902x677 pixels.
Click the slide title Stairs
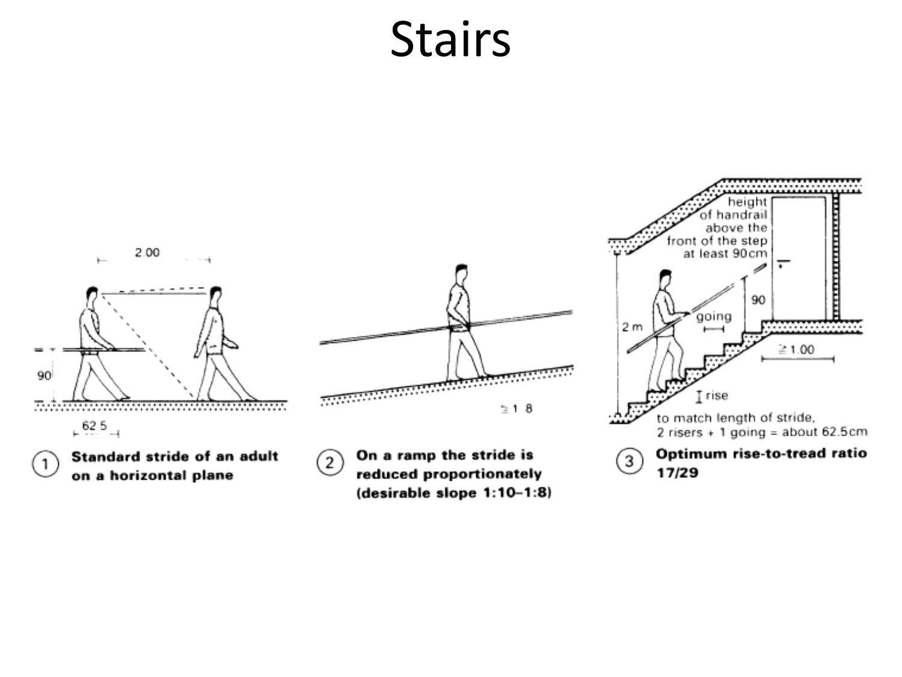pos(450,40)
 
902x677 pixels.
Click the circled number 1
pos(45,464)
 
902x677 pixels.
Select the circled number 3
pos(629,461)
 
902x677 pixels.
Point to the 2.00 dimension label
pos(147,252)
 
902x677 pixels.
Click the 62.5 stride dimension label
pos(94,425)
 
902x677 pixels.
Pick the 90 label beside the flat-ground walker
pos(44,376)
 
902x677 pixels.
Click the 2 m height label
pos(632,327)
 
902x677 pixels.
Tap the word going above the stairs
pos(714,317)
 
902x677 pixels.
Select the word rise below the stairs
pos(717,395)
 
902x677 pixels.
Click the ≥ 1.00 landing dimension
pos(796,350)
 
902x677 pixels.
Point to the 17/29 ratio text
pos(677,473)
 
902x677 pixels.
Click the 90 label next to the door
pos(758,300)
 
